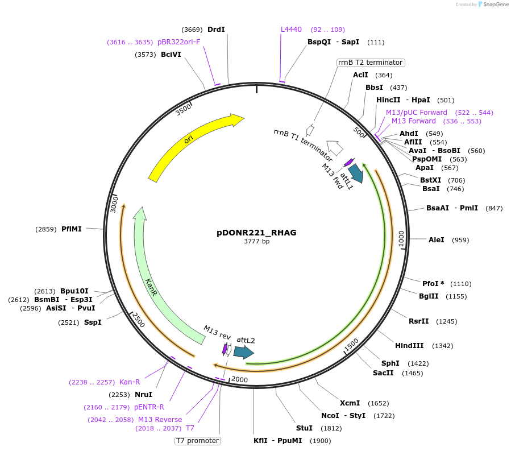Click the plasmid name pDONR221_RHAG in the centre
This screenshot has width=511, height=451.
point(256,233)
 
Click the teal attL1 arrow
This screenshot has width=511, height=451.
point(356,172)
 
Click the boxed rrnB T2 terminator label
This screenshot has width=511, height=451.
point(369,63)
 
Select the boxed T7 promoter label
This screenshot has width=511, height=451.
point(197,440)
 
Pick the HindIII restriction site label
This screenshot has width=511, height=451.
point(409,346)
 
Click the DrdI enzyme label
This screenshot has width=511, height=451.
point(216,30)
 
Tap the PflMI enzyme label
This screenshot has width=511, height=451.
point(72,229)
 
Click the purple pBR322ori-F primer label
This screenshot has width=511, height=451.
point(179,42)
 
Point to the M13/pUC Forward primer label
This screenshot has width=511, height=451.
point(417,113)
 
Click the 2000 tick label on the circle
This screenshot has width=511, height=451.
point(239,380)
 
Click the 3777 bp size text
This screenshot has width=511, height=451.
point(256,242)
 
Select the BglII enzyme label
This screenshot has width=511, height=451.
point(429,296)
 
